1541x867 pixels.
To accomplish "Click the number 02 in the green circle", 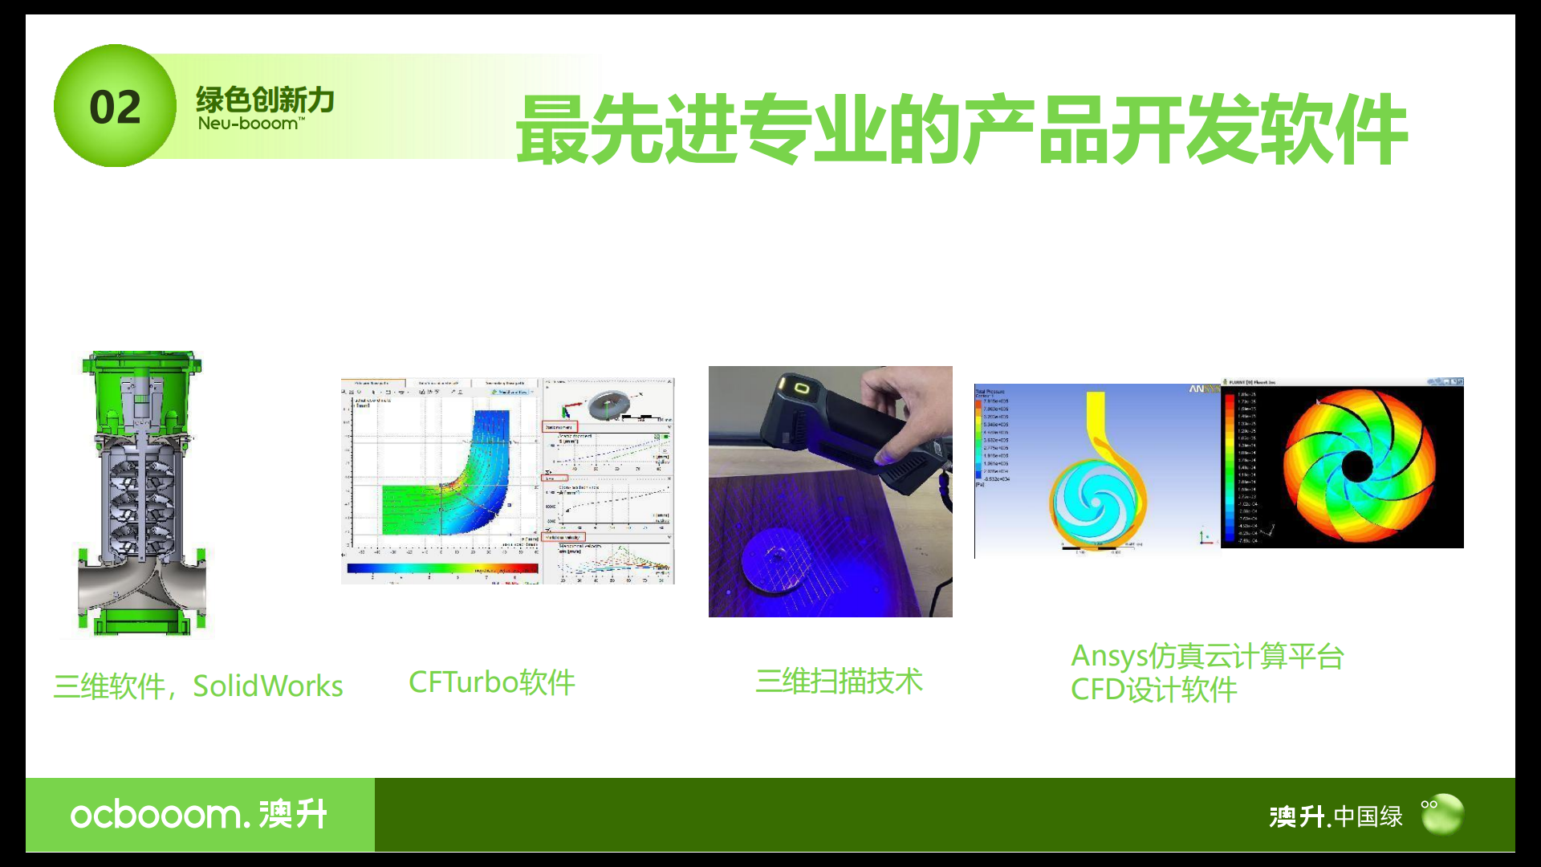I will (115, 107).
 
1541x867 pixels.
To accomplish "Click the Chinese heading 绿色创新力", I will (265, 100).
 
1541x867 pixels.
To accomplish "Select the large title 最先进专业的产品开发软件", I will (961, 130).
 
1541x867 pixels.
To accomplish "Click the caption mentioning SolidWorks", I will (198, 686).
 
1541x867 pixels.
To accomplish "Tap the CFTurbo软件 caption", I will (491, 682).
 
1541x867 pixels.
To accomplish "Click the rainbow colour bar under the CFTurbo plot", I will (442, 568).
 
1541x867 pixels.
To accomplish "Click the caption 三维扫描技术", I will (839, 681).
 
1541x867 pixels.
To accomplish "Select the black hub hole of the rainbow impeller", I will (1357, 466).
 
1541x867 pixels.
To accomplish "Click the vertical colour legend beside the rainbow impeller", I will (1230, 466).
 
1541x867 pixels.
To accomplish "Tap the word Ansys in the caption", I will (1108, 656).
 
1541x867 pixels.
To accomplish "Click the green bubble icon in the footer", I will (1442, 814).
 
